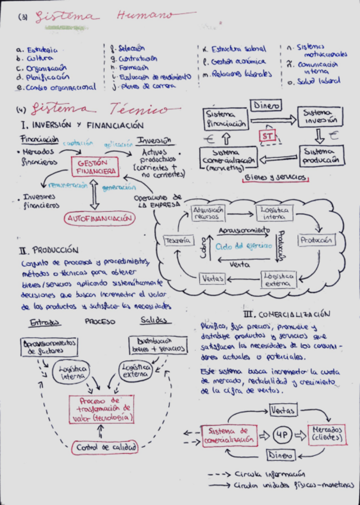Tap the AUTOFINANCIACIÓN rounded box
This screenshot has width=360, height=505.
click(x=99, y=219)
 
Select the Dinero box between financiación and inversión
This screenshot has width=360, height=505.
click(x=266, y=105)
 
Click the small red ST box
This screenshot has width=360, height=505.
click(x=266, y=136)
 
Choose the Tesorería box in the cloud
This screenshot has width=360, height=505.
click(x=178, y=240)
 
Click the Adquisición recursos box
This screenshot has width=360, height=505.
click(x=208, y=213)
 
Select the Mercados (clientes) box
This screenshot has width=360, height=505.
click(x=327, y=434)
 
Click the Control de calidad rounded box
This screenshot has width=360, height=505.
click(x=105, y=447)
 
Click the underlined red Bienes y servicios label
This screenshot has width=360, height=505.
click(x=275, y=177)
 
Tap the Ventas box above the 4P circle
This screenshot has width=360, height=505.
click(x=283, y=410)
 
